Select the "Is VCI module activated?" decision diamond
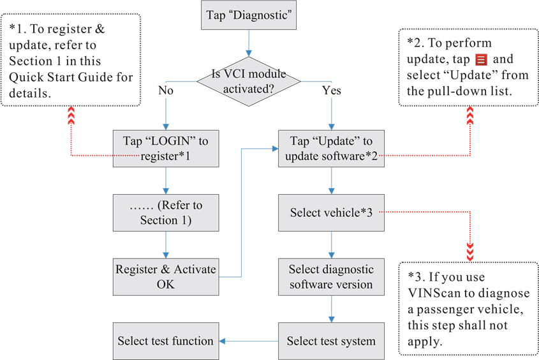tap(248, 81)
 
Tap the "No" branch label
tap(166, 91)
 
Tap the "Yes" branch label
tap(332, 91)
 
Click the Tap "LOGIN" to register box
tap(165, 148)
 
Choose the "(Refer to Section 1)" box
tap(165, 213)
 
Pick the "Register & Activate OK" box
tap(165, 276)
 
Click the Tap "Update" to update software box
tap(331, 148)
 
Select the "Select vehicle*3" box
tap(331, 213)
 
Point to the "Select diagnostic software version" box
tap(331, 276)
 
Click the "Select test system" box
tap(331, 341)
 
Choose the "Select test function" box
tap(165, 341)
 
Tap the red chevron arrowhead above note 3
tap(470, 253)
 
